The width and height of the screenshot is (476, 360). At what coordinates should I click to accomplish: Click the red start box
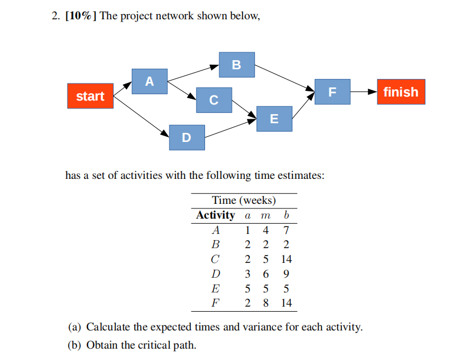(90, 96)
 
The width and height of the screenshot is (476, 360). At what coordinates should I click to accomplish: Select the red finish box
(400, 92)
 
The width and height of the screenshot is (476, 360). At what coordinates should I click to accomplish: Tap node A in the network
(149, 81)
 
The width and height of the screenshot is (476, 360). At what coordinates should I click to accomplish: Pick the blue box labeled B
(237, 65)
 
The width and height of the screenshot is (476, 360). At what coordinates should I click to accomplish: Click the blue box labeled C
(214, 100)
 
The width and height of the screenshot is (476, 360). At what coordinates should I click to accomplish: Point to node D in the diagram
(187, 137)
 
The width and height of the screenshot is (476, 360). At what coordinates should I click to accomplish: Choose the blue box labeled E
(274, 119)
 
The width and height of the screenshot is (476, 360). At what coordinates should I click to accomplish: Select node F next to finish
(332, 92)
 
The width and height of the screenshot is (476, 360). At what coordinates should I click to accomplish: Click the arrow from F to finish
(363, 92)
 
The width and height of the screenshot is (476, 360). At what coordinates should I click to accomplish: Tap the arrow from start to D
(141, 116)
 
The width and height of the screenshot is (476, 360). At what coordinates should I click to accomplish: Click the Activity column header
(215, 216)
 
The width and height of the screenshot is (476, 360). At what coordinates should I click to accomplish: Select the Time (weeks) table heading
(244, 200)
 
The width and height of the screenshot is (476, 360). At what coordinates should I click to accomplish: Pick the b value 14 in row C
(286, 259)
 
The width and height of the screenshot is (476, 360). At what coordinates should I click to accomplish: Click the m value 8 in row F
(266, 303)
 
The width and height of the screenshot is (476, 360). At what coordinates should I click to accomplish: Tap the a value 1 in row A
(248, 231)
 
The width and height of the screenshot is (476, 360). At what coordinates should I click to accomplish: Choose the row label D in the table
(215, 274)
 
